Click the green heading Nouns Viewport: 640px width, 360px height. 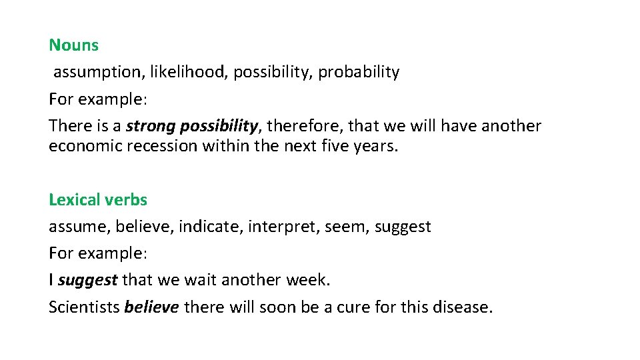[73, 45]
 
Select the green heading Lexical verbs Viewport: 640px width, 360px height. [98, 199]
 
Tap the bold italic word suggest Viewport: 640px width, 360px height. [87, 281]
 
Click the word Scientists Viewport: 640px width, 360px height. [84, 307]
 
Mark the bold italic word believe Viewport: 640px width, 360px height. [151, 307]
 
